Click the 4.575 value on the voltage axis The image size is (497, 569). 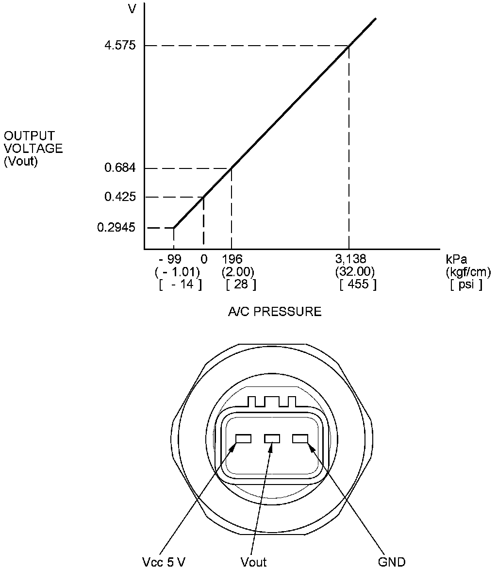point(120,45)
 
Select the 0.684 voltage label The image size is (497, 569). point(120,167)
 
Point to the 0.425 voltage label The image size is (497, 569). point(120,197)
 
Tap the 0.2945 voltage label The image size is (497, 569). point(116,228)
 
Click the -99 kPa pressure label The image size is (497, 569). point(170,259)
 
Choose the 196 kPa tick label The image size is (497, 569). point(232,259)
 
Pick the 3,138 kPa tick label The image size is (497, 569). point(350,259)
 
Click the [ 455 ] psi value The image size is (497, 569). point(358,284)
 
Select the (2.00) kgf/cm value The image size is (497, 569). point(238,272)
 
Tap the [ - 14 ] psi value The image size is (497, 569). point(180,284)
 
